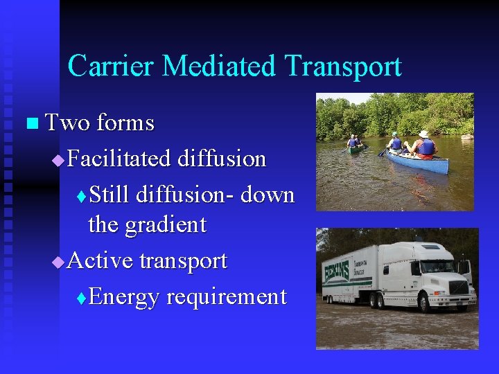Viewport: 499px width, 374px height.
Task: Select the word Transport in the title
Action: [x=343, y=66]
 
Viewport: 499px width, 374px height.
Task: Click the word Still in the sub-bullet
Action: [x=110, y=195]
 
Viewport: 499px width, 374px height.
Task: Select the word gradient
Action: [x=166, y=224]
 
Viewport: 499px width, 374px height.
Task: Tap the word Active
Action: [x=101, y=261]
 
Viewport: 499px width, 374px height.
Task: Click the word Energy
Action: [x=125, y=297]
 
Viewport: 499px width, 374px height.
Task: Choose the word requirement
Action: [x=227, y=297]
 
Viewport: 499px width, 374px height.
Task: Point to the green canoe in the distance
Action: [x=355, y=148]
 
